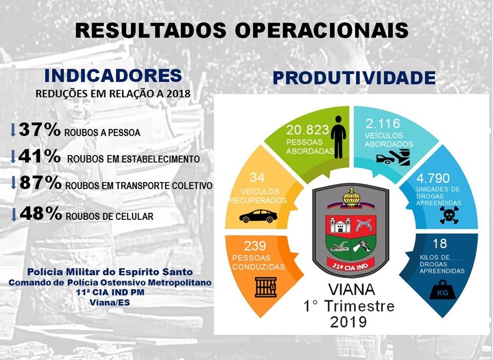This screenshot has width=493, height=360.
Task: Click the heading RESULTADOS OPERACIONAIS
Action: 242,30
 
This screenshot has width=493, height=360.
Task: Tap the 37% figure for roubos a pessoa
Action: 40,129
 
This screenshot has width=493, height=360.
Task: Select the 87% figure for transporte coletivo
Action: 40,183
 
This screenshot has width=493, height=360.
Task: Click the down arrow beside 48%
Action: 13,215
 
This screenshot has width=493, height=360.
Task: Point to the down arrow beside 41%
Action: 13,157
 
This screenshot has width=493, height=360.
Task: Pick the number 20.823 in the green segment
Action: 303,130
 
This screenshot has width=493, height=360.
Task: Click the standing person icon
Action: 338,137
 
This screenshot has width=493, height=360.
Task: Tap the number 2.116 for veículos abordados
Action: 383,124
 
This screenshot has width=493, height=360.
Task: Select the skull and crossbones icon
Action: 449,215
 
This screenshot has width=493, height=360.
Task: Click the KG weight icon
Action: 443,290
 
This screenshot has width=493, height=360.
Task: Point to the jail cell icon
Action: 266,287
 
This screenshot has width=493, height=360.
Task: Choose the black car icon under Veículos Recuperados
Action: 258,216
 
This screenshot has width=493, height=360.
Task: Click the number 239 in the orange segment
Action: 255,245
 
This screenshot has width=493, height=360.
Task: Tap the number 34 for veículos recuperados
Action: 257,178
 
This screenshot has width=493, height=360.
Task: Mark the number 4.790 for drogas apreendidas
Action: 433,178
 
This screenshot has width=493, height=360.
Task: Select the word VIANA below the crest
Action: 351,289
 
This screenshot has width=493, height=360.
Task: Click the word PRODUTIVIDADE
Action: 354,78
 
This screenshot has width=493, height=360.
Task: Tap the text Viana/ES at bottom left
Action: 110,302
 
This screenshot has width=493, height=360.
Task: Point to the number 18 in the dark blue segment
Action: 440,243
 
